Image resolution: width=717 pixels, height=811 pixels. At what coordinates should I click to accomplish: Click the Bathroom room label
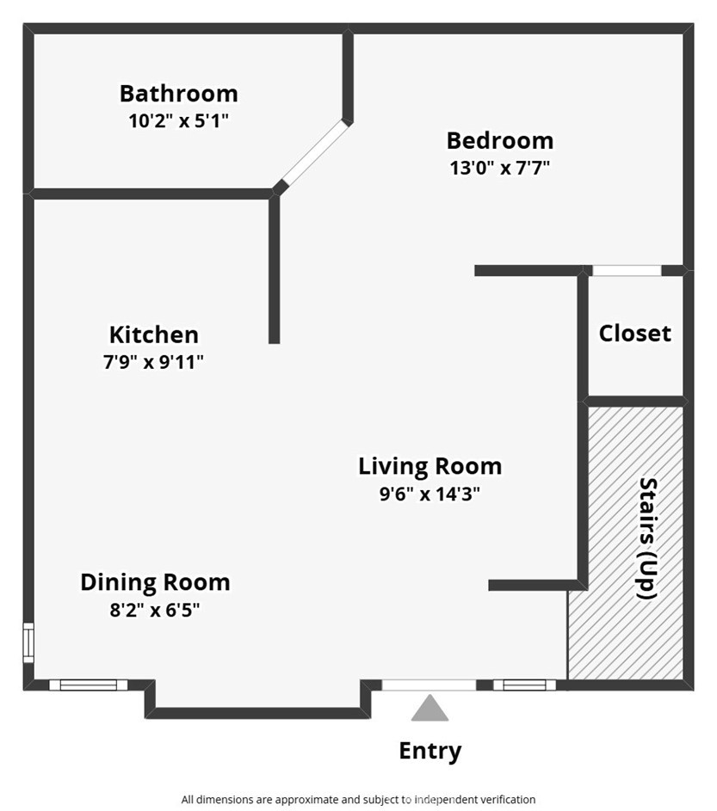[x=178, y=94]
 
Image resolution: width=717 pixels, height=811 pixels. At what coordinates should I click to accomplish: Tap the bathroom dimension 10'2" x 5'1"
[x=178, y=121]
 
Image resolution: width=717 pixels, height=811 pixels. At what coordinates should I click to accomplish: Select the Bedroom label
[x=500, y=141]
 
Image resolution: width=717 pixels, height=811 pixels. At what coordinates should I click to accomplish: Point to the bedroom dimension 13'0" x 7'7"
[x=499, y=168]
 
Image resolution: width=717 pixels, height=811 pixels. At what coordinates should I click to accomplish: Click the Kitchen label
[x=154, y=335]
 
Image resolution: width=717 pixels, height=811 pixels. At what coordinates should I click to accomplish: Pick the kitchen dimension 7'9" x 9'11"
[x=154, y=362]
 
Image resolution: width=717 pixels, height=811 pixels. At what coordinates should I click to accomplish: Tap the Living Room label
[x=430, y=466]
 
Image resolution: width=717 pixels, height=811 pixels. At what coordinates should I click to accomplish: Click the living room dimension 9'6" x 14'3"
[x=430, y=494]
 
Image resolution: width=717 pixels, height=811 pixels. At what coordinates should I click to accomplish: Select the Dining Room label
[x=155, y=582]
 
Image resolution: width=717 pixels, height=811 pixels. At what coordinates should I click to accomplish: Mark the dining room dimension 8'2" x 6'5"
[x=155, y=611]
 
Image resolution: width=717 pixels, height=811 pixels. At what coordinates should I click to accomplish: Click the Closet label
[x=635, y=333]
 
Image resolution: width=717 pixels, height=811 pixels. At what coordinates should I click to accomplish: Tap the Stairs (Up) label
[x=648, y=538]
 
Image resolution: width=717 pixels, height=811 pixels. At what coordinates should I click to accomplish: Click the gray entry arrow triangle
[x=430, y=708]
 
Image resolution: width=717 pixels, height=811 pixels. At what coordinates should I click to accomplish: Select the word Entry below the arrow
[x=430, y=751]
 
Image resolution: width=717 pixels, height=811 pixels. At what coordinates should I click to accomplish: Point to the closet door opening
[x=627, y=271]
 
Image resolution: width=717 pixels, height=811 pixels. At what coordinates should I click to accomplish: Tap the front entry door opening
[x=430, y=685]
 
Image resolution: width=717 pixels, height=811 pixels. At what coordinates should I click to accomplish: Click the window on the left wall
[x=28, y=642]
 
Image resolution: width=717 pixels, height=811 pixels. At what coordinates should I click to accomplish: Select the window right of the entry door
[x=524, y=685]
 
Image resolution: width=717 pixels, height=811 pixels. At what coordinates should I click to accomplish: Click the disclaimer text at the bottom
[x=358, y=800]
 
